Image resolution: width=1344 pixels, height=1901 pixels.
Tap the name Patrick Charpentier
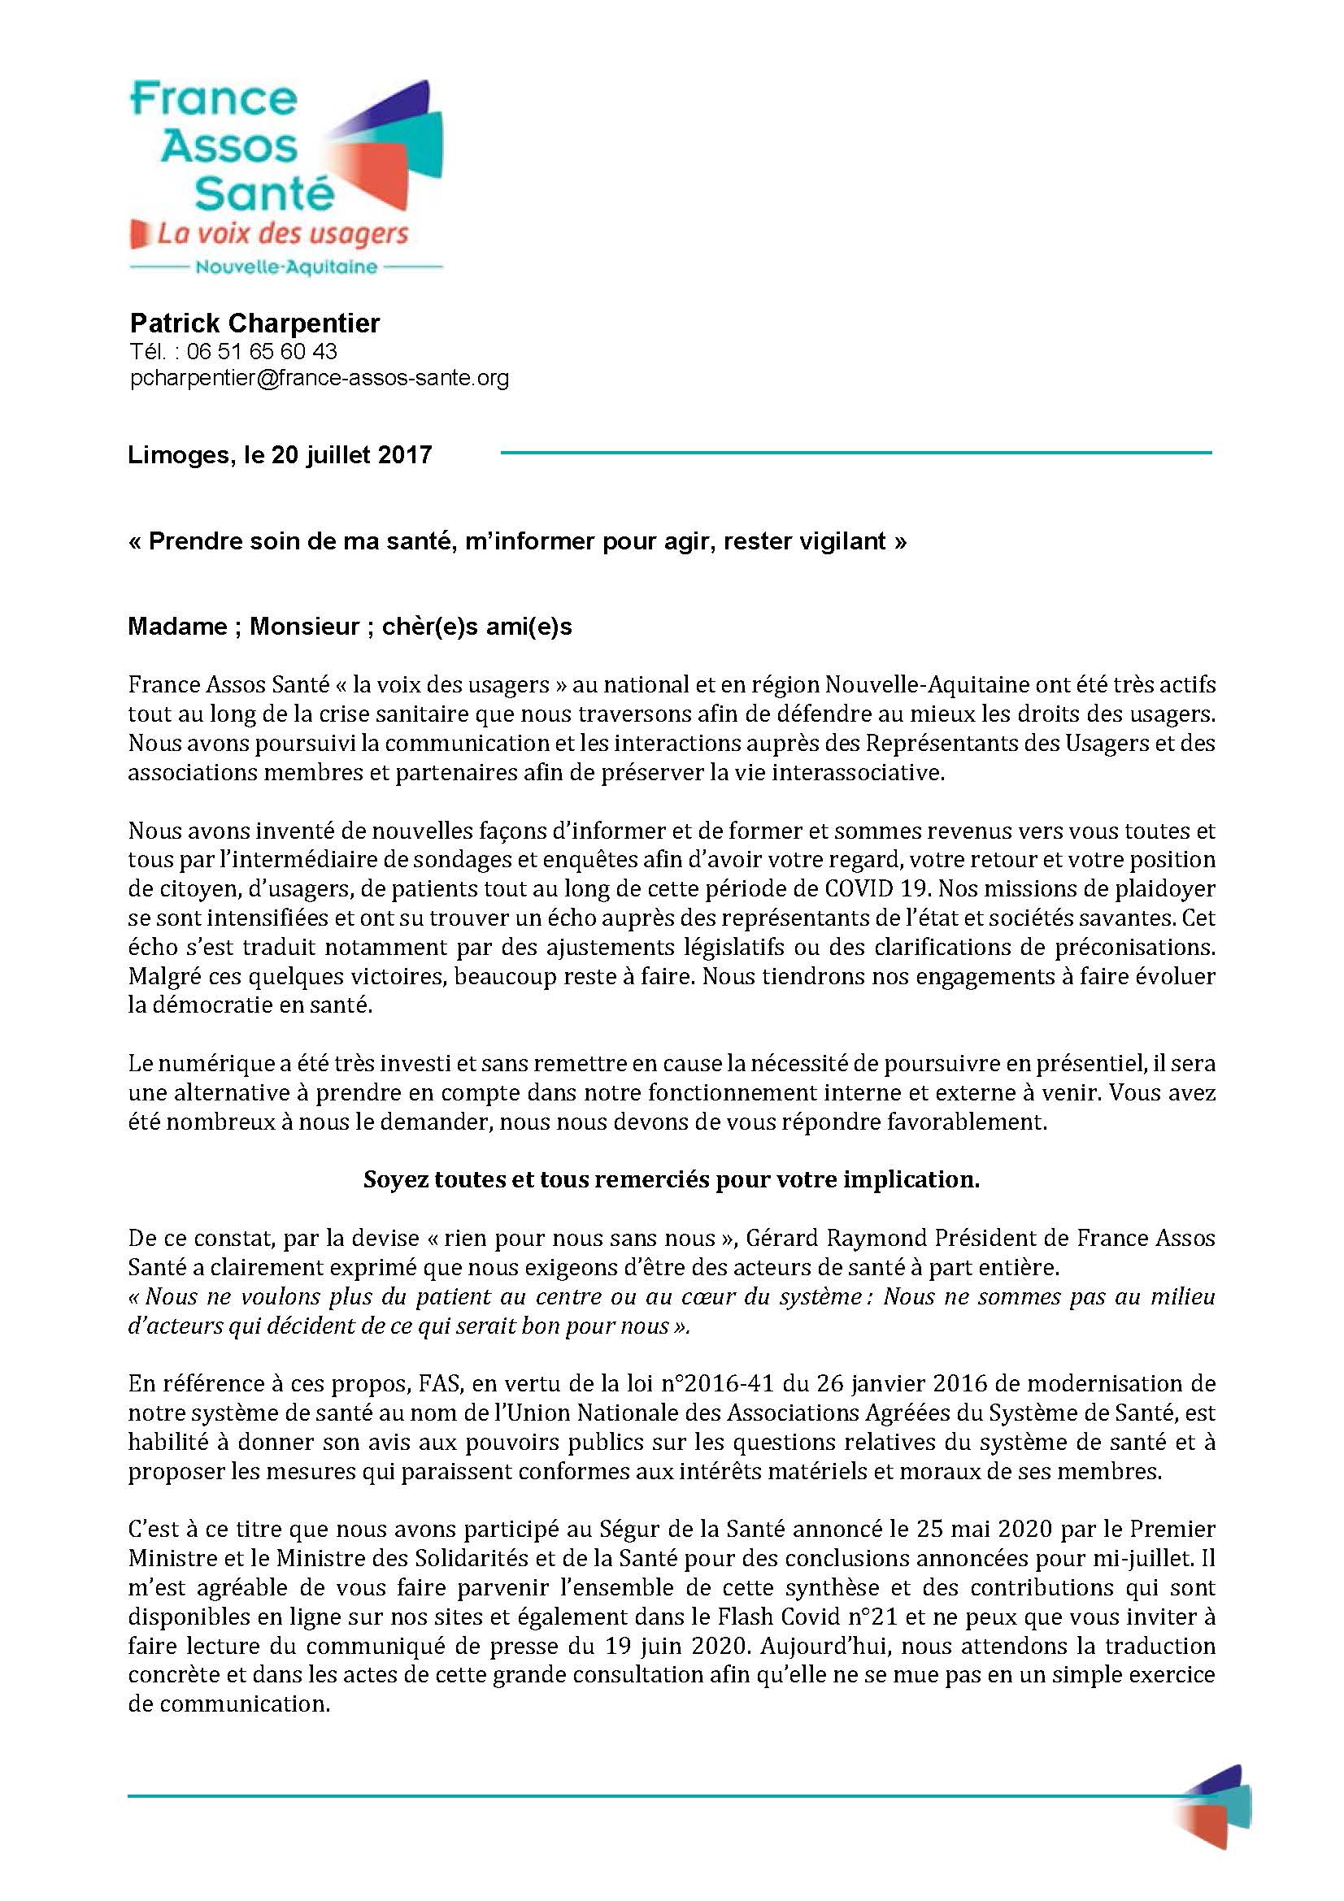coord(255,323)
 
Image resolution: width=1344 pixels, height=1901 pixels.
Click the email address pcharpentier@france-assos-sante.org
coord(320,379)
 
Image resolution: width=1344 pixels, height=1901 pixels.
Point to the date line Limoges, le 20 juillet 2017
coord(280,454)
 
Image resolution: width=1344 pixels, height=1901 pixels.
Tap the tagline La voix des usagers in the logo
coord(282,234)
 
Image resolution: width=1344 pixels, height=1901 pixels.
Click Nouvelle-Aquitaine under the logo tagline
coord(285,267)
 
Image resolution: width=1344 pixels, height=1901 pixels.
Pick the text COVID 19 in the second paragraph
coord(874,888)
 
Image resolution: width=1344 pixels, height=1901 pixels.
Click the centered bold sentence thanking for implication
coord(672,1180)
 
